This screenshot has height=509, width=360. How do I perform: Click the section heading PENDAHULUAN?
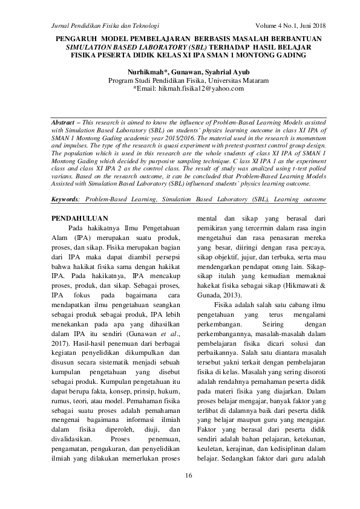(79, 218)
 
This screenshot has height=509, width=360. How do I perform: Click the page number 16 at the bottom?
(189, 478)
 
